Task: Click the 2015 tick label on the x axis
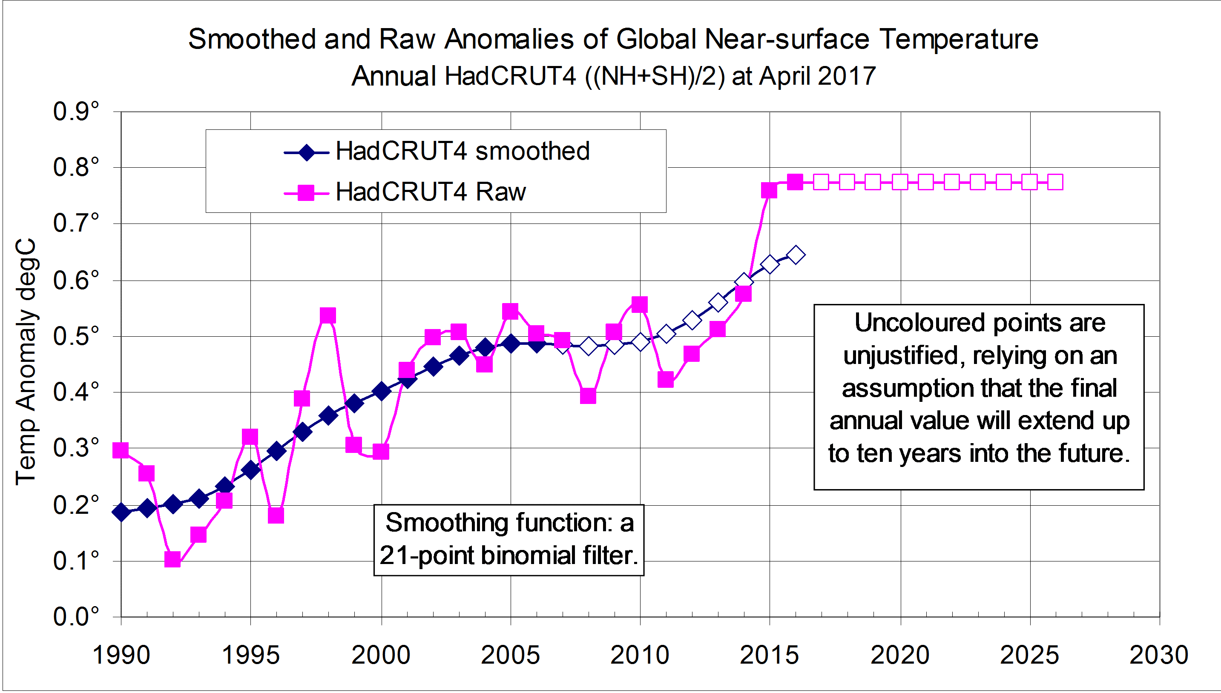[769, 656]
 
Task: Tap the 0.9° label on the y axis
[76, 112]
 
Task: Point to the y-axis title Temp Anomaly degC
[26, 362]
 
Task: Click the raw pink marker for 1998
[328, 315]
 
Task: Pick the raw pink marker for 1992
[172, 559]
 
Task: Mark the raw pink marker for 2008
[588, 396]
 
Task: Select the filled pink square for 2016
[795, 182]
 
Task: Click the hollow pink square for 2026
[1055, 182]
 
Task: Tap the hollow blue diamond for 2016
[796, 255]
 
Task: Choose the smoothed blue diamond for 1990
[121, 512]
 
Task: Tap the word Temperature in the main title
[959, 39]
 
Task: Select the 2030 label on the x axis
[1159, 656]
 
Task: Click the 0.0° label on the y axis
[76, 617]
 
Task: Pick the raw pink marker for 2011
[666, 379]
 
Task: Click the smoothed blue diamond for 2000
[381, 391]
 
